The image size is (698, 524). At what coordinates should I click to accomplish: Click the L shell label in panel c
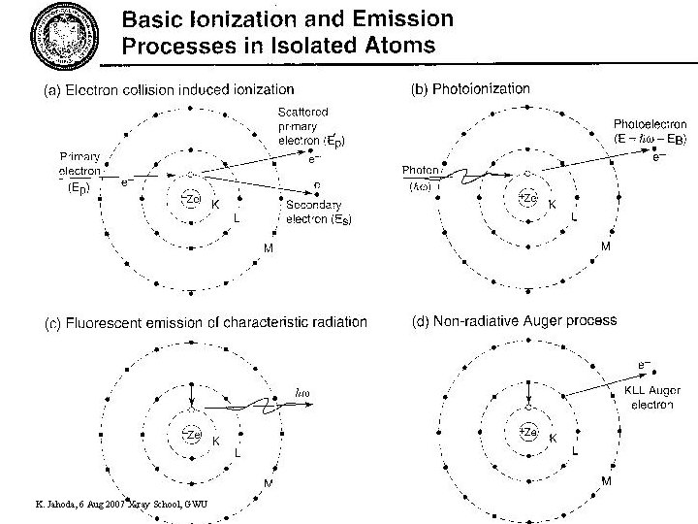point(238,452)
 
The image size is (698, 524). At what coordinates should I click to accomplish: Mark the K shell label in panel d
point(554,438)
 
